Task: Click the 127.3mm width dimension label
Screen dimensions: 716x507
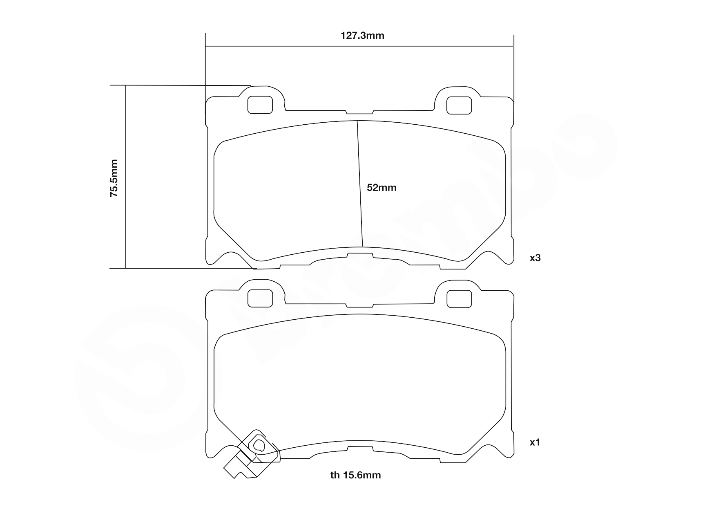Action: (x=362, y=36)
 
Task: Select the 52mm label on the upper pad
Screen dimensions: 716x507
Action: (x=381, y=188)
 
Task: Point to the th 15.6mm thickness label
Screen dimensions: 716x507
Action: (x=355, y=475)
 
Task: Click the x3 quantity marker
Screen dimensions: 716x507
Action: (x=535, y=258)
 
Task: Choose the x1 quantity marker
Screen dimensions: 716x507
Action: (x=535, y=442)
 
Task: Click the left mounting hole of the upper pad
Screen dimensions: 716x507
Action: (x=260, y=105)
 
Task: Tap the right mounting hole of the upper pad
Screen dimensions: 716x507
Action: (x=459, y=105)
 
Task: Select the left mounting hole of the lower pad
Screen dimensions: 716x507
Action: (x=260, y=298)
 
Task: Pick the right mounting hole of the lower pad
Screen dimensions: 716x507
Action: (x=459, y=298)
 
